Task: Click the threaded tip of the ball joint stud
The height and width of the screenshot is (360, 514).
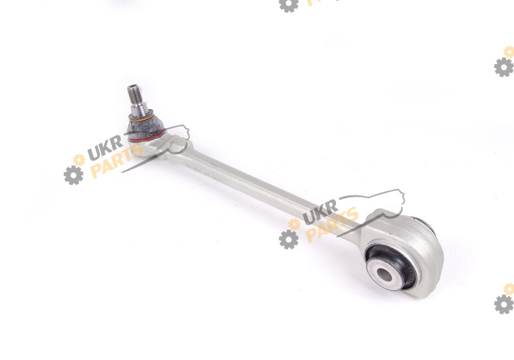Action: pos(134,93)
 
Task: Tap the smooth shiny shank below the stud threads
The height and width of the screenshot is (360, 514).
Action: pos(139,109)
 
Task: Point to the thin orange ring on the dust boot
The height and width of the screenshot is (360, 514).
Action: pos(141,118)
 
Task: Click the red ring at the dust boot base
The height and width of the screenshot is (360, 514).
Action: pos(146,136)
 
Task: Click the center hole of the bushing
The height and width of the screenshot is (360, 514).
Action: pos(384,274)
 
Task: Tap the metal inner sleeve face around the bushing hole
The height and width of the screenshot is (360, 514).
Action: pos(385,274)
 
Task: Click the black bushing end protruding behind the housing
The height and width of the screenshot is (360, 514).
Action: pos(426,224)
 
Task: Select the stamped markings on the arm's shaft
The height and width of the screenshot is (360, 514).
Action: pos(205,173)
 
